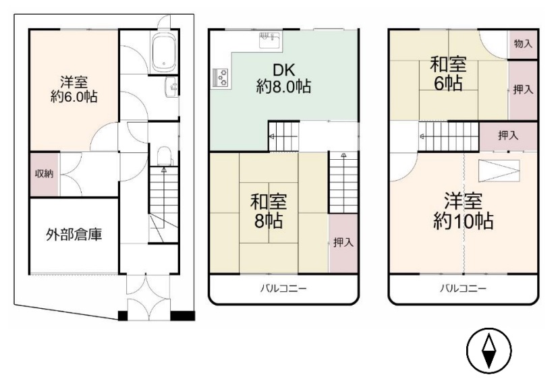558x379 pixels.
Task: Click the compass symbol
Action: (x=489, y=350)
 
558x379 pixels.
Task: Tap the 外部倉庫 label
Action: (x=74, y=235)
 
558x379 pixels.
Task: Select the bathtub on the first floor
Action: (x=164, y=52)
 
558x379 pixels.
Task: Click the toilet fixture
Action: (x=164, y=156)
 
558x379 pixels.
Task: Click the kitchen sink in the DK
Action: (x=270, y=40)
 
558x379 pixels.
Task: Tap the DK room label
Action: (x=283, y=78)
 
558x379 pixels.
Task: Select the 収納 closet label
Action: (x=44, y=174)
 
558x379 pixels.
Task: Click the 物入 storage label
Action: (x=523, y=44)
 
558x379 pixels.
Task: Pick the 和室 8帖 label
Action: (x=269, y=211)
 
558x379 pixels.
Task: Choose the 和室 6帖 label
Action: (x=448, y=74)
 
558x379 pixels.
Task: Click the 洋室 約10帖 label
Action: (x=463, y=211)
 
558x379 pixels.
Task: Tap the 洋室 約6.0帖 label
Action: (x=74, y=90)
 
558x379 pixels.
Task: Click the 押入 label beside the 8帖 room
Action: (x=343, y=243)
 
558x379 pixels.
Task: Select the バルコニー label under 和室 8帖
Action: (x=283, y=288)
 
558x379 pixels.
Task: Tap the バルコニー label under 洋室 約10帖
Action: (x=463, y=288)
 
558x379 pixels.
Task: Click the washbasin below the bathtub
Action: (x=171, y=87)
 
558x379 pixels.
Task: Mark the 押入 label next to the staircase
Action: (x=508, y=136)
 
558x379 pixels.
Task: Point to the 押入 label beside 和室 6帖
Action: (x=523, y=90)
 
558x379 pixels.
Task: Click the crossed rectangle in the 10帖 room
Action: (x=499, y=171)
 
